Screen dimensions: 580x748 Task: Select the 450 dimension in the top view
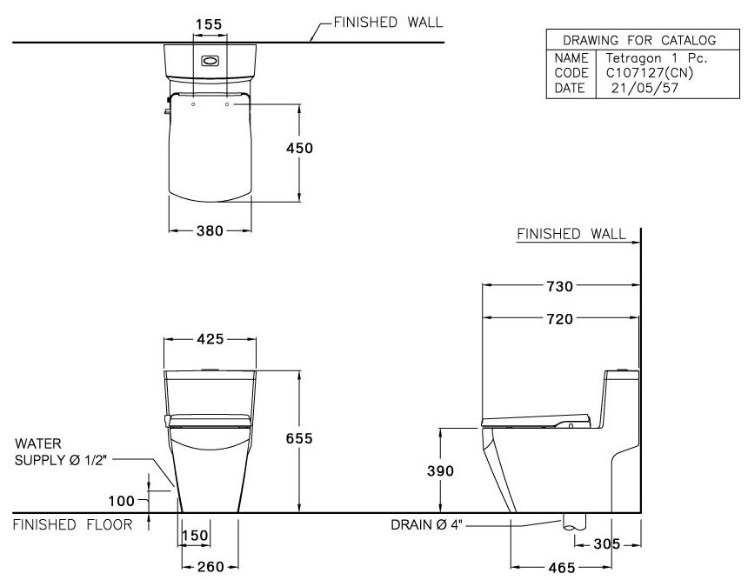click(x=300, y=148)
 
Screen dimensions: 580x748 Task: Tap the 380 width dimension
click(x=210, y=230)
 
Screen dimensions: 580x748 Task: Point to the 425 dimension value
click(x=210, y=339)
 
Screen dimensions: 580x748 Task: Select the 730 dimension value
click(x=560, y=286)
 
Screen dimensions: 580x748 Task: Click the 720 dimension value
click(x=560, y=319)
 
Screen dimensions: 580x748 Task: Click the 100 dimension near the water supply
click(x=123, y=500)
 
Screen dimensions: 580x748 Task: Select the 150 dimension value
click(x=197, y=536)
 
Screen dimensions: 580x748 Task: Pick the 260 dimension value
click(x=210, y=567)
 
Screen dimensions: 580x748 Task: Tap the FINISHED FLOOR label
click(x=73, y=524)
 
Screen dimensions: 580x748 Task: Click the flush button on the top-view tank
click(x=210, y=62)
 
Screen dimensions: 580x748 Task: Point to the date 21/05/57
click(x=639, y=89)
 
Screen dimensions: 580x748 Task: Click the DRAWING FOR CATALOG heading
click(x=639, y=40)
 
